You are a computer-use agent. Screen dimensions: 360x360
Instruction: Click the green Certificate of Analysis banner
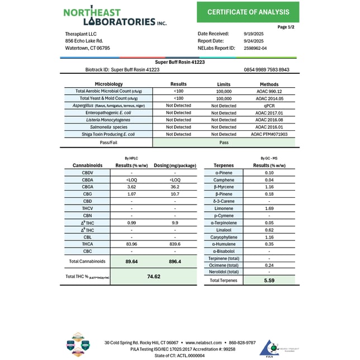(x=248, y=12)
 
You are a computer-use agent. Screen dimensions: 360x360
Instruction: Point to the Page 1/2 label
(x=286, y=26)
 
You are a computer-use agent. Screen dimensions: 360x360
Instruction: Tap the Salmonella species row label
(x=105, y=127)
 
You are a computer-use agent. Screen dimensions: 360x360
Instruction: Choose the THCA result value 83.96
(x=131, y=244)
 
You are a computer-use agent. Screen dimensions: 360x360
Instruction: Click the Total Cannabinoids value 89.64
(x=132, y=261)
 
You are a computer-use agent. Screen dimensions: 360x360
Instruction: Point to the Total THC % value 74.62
(x=154, y=276)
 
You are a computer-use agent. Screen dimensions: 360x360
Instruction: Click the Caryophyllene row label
(x=225, y=237)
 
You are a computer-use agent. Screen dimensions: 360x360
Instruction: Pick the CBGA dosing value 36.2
(x=175, y=187)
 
